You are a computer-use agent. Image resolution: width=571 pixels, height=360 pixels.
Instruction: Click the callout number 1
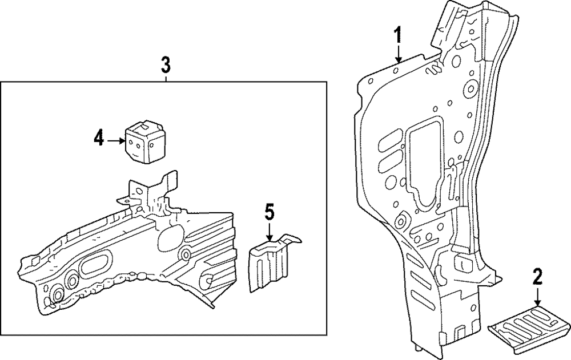tap(399, 35)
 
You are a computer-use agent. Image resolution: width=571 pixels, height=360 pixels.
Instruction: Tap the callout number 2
tap(537, 277)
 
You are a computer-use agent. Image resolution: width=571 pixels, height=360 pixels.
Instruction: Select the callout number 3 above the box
tap(166, 66)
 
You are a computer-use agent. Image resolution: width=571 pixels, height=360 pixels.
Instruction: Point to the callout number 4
tap(99, 139)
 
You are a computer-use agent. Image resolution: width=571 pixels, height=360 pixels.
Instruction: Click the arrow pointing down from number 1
tap(399, 54)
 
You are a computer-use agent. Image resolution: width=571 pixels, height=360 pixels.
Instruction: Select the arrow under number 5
tap(269, 232)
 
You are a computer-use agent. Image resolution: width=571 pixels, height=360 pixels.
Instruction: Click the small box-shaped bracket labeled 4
tap(145, 142)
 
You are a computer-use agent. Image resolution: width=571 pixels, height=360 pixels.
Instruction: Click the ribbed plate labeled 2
tap(529, 324)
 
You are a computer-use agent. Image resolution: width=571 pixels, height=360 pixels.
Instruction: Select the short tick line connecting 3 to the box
tap(166, 79)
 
